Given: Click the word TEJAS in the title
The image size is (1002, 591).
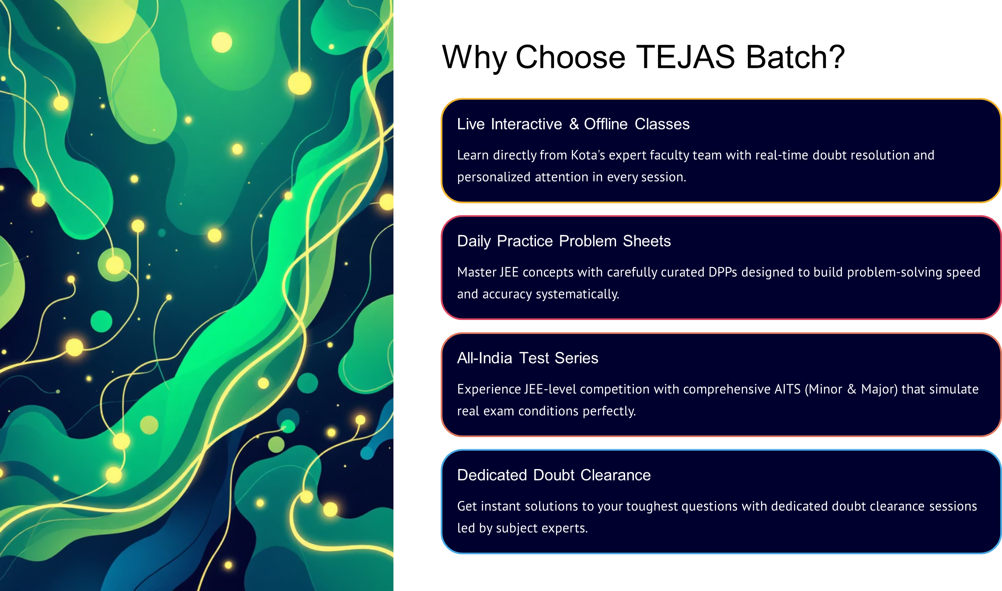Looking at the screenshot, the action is pyautogui.click(x=685, y=57).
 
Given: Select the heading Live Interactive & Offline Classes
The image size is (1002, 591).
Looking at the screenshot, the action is pyautogui.click(x=573, y=124).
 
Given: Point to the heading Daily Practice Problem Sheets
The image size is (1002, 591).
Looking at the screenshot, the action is pyautogui.click(x=564, y=241).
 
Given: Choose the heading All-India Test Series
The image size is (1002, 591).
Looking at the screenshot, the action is pyautogui.click(x=528, y=358).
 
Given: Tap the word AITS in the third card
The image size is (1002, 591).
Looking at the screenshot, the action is pyautogui.click(x=787, y=389).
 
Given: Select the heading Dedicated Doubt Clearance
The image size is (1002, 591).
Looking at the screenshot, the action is pyautogui.click(x=554, y=475).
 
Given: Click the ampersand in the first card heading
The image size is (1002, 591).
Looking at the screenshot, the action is pyautogui.click(x=574, y=124).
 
